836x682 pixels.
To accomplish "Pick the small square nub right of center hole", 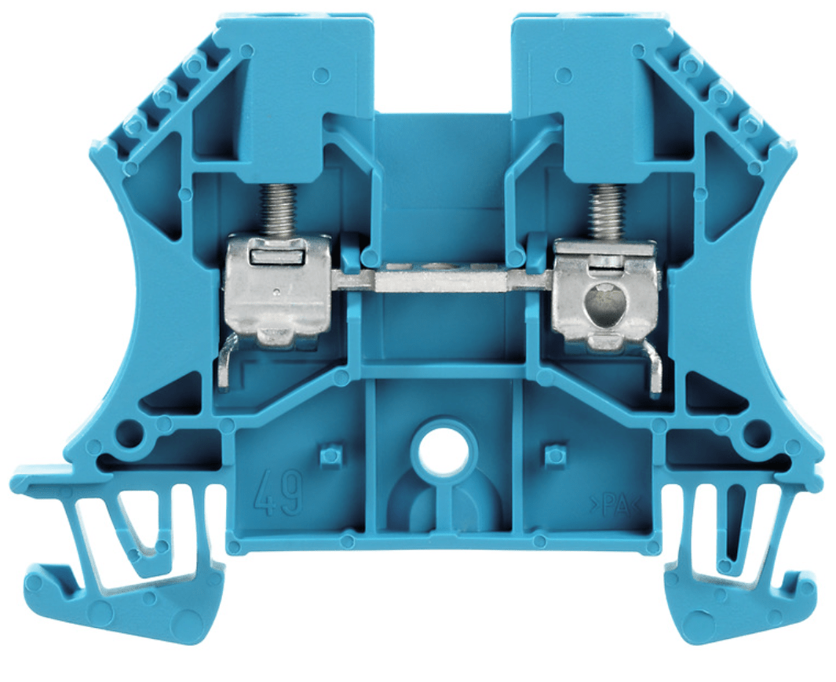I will [x=555, y=454].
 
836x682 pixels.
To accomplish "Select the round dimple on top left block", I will [x=320, y=75].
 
